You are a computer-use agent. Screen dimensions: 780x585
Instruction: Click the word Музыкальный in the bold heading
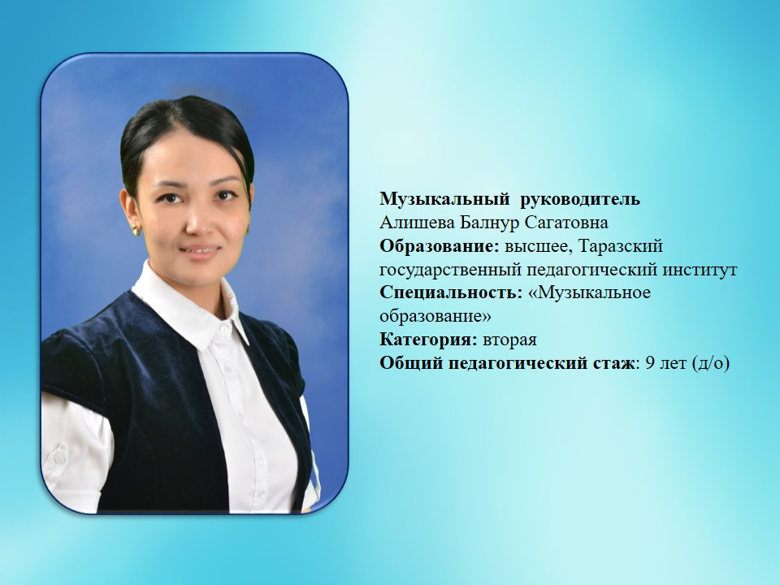point(444,200)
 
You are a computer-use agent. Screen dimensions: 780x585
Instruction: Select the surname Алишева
point(417,223)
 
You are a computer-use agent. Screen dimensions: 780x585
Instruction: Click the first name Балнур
point(489,223)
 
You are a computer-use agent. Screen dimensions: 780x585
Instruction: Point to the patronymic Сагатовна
point(566,223)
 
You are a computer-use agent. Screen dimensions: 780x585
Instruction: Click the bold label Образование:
point(440,246)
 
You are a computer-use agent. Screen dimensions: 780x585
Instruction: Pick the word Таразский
point(622,246)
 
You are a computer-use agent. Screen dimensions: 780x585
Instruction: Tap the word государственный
point(451,270)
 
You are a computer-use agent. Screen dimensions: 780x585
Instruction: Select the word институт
point(700,270)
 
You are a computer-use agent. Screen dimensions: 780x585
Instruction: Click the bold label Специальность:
point(451,292)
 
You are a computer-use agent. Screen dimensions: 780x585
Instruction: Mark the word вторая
point(510,340)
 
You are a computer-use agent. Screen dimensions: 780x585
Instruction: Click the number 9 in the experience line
point(650,363)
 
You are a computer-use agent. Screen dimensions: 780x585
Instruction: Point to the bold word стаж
point(613,364)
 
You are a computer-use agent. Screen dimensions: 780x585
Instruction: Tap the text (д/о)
point(710,364)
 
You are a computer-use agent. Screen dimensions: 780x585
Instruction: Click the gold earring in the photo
point(136,230)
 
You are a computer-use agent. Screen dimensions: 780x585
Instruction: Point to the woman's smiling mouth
point(201,251)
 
